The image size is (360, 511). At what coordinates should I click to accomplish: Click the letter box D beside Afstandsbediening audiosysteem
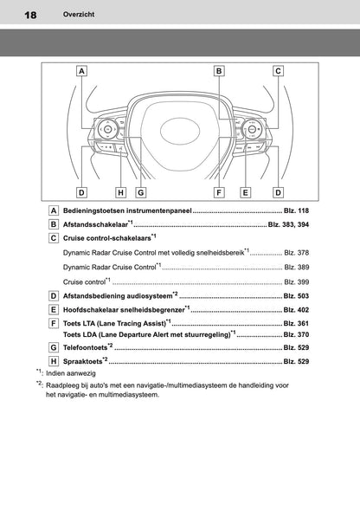(55, 296)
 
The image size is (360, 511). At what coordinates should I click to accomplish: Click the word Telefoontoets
(85, 347)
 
